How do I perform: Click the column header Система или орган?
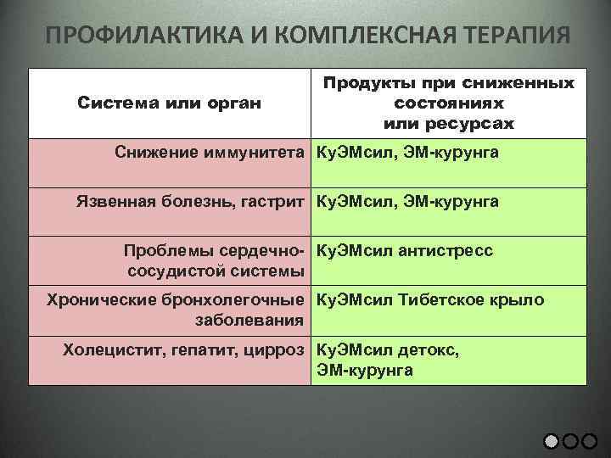[x=170, y=103]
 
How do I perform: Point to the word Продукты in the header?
[x=367, y=84]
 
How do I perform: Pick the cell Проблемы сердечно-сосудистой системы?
[x=215, y=261]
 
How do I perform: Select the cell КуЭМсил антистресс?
[x=404, y=251]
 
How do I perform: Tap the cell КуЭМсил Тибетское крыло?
[x=430, y=300]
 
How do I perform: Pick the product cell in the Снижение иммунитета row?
[x=407, y=154]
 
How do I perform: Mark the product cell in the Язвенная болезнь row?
[x=407, y=202]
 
